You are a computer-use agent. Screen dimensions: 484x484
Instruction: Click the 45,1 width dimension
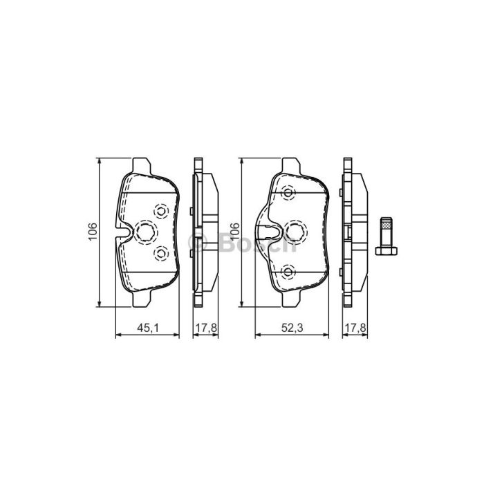tap(148, 328)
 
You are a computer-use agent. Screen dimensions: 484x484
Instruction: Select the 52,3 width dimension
tap(292, 328)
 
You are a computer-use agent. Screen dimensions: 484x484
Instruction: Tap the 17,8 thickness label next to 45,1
tap(206, 328)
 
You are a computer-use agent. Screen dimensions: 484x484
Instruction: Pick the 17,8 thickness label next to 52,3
tap(355, 328)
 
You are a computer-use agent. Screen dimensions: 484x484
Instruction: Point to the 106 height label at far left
tap(93, 232)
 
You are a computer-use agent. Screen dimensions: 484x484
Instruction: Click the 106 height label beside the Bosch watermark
tap(235, 232)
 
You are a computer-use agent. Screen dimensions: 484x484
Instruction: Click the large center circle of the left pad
tap(145, 232)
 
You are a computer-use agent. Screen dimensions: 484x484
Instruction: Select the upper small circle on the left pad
tap(161, 211)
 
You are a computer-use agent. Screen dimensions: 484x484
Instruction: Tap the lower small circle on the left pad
tap(161, 254)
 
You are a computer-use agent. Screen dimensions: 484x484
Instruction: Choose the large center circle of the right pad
tap(295, 232)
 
